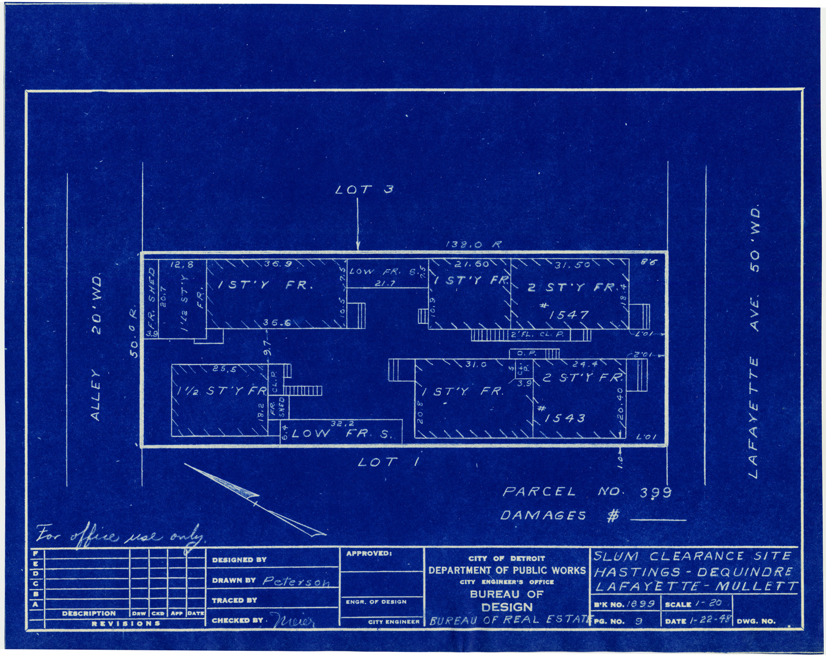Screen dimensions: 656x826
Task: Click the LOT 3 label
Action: (364, 190)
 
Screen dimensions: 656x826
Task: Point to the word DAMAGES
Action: (543, 515)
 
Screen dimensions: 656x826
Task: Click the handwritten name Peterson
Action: (296, 582)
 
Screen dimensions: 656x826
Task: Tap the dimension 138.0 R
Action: (473, 245)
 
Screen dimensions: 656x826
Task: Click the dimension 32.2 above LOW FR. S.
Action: (342, 423)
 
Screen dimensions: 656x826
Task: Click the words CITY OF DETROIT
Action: (507, 558)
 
